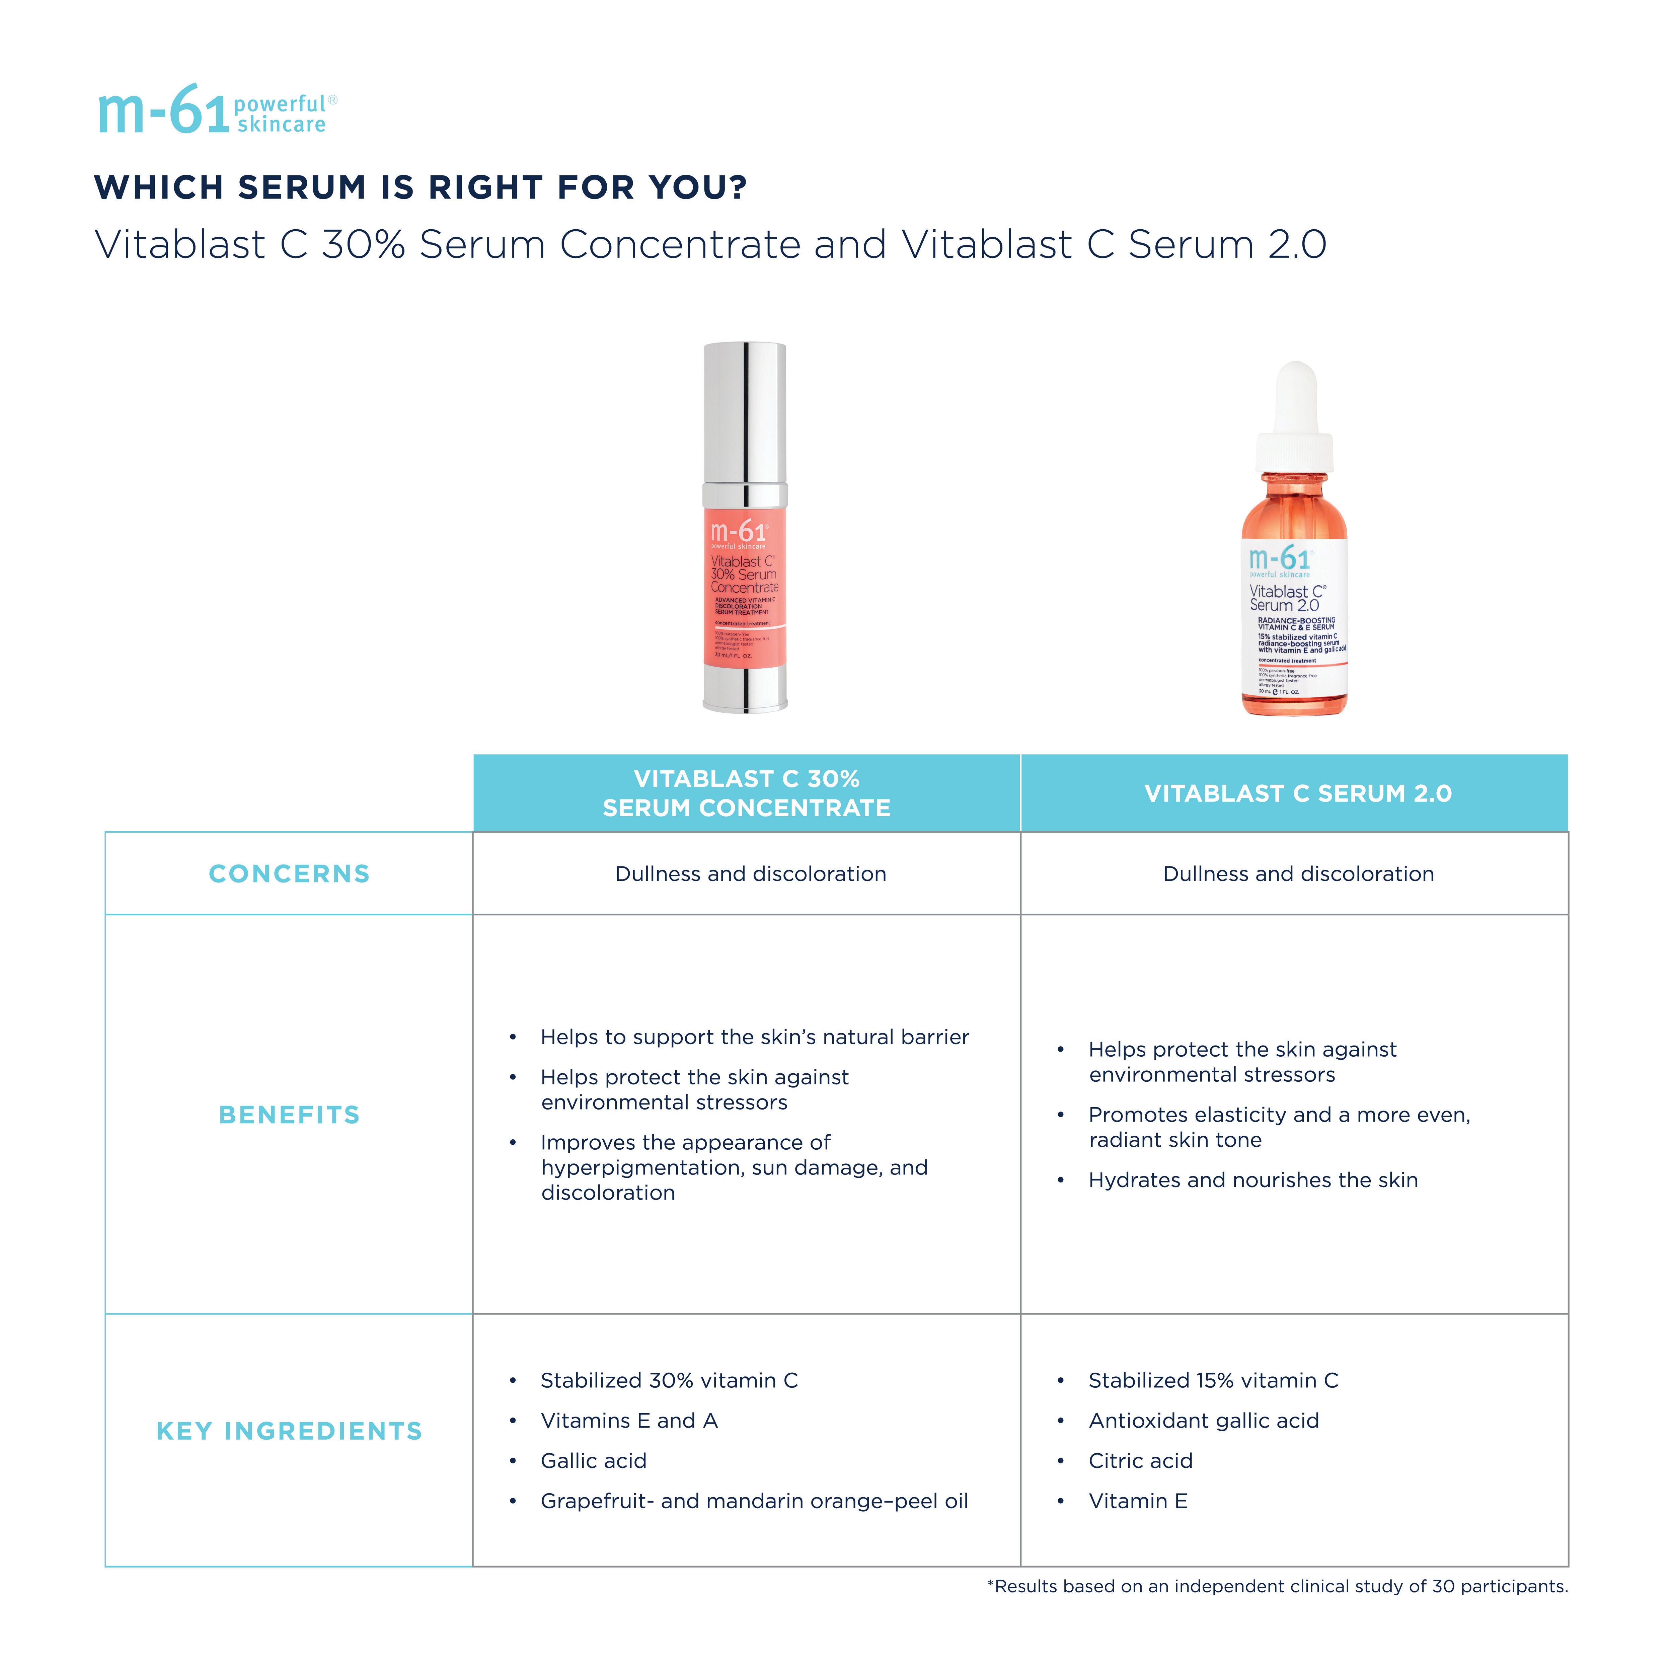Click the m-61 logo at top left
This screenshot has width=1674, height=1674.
[x=217, y=111]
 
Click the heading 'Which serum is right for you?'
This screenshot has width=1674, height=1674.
[x=420, y=187]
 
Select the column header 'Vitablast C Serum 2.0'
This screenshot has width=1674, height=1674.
[x=1297, y=793]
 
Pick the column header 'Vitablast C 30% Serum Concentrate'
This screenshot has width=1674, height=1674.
[x=746, y=793]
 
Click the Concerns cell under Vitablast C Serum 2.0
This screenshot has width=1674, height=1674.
[x=1297, y=873]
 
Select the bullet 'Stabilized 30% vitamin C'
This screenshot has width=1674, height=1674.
[x=669, y=1380]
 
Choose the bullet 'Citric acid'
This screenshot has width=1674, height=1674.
[x=1140, y=1461]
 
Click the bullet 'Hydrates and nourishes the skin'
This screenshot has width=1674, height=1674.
[x=1253, y=1180]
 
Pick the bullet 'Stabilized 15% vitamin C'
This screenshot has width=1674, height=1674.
[x=1213, y=1380]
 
